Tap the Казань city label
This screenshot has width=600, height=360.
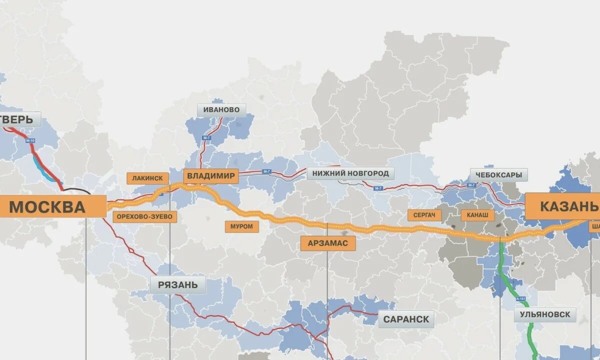coord(562,206)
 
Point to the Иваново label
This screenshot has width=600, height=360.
coord(221,109)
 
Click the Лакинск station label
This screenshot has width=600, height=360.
coord(148,178)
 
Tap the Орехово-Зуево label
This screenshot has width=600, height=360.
coord(145,216)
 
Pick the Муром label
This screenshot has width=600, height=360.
coord(242,226)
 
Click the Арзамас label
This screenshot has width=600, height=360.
coord(328,243)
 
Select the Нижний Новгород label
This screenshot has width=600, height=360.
coord(350,173)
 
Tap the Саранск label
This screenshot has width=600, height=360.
coord(406,319)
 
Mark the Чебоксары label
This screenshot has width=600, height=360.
coord(498,175)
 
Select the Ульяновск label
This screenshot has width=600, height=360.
coord(544,315)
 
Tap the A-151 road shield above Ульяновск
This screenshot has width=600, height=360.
coord(521,299)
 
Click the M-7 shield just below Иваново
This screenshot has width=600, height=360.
coord(206,137)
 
